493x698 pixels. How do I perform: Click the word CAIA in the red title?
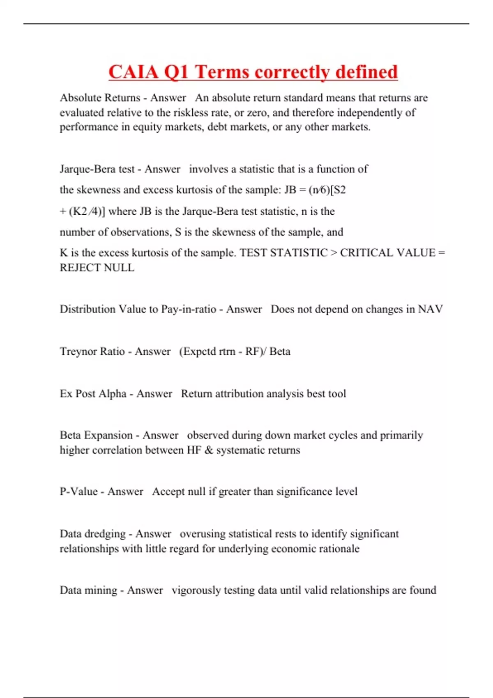134,72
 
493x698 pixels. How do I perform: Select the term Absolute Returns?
100,98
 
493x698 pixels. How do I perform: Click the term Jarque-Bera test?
97,169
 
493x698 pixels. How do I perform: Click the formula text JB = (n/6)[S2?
315,190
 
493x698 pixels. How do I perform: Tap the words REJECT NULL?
97,268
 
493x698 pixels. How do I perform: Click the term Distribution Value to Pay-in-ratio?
138,309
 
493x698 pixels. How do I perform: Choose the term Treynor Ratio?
92,351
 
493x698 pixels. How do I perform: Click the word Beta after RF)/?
280,351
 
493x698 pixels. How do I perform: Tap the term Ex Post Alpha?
93,394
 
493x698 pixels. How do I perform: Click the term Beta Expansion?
96,435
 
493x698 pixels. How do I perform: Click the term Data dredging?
92,534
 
